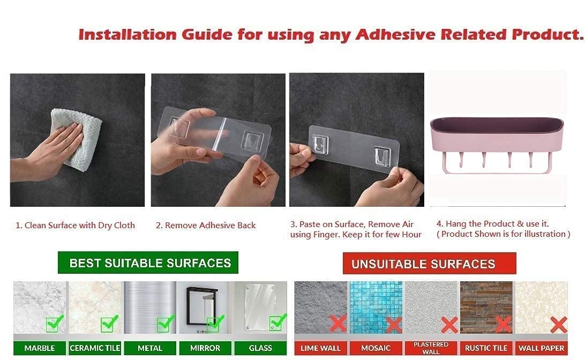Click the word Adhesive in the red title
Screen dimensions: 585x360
395,35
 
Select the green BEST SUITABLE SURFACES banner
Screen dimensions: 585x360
148,262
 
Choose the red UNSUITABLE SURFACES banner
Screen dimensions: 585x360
430,264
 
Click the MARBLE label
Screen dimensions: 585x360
40,348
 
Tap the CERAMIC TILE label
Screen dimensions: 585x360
95,348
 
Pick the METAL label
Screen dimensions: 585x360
150,348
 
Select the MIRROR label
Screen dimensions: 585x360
205,348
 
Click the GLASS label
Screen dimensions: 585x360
260,348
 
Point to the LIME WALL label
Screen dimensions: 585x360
320,348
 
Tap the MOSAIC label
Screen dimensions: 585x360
376,348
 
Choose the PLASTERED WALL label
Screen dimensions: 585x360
431,348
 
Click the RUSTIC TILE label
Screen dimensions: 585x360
486,348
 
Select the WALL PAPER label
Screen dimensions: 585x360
542,348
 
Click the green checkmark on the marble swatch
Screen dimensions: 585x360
55,324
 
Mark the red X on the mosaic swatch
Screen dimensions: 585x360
394,325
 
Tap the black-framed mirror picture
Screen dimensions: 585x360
202,306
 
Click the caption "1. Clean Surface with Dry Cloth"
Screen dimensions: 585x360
75,226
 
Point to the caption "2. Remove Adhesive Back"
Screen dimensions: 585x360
206,226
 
